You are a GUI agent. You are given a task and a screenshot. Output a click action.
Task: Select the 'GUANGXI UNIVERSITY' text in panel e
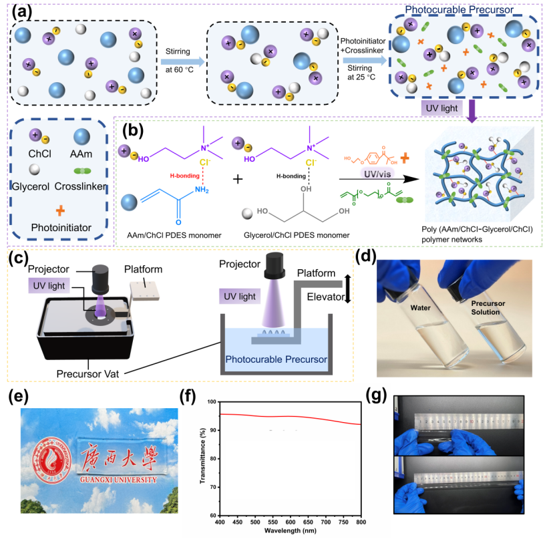108,478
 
